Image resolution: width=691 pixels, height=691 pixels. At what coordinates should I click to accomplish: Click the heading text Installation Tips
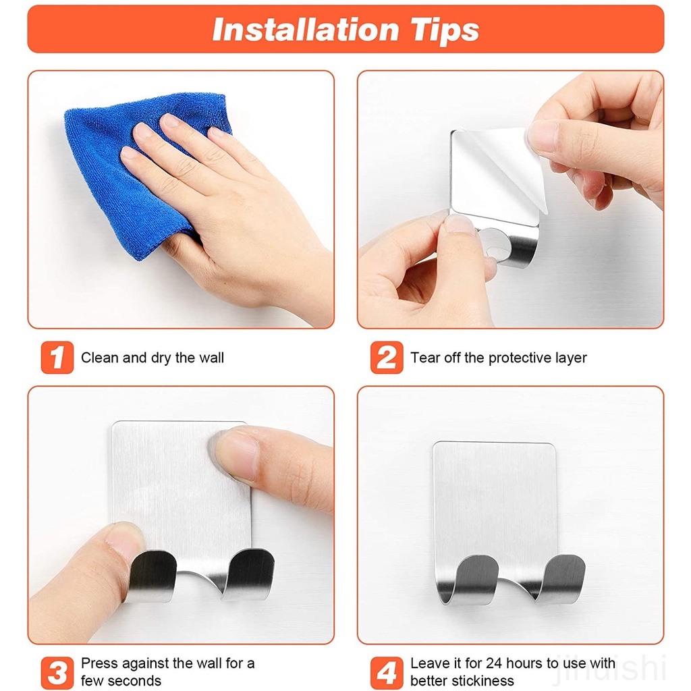(345, 30)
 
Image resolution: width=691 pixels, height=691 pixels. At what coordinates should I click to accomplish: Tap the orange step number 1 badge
(57, 358)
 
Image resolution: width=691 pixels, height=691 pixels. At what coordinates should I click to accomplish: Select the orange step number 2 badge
(387, 358)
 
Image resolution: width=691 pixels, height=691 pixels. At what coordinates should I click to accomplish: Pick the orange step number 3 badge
(57, 673)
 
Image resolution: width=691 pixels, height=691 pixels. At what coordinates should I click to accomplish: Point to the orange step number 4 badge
(387, 673)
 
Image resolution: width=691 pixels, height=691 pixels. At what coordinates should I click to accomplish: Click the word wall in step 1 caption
(211, 358)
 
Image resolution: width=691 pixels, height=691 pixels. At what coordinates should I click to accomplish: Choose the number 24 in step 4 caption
(494, 663)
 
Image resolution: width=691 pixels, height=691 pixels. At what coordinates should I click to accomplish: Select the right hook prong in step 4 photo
(559, 578)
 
